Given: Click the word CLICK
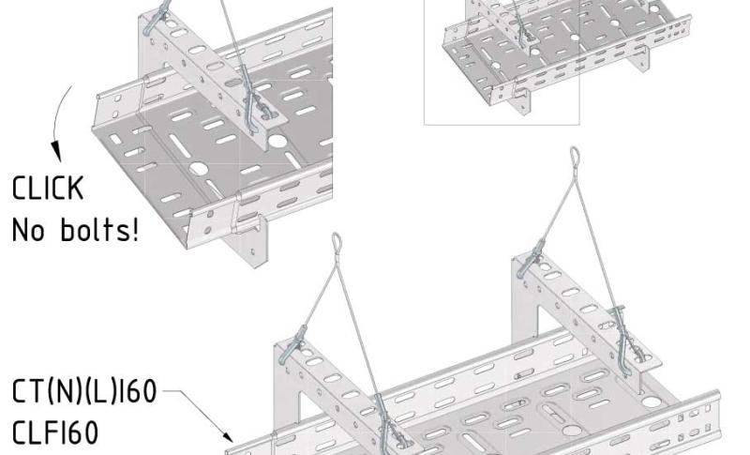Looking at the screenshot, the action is (x=48, y=188).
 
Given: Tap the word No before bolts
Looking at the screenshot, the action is (x=28, y=230).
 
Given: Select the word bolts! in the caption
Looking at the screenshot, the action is (x=100, y=229).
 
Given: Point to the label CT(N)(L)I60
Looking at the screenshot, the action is (x=84, y=391).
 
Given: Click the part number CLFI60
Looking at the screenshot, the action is (x=55, y=432).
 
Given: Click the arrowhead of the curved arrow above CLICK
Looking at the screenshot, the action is (x=57, y=151).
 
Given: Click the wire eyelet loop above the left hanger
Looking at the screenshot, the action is (x=337, y=242).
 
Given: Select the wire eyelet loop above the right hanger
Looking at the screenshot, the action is (x=575, y=157).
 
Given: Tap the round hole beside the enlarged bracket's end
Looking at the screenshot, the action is (x=277, y=141).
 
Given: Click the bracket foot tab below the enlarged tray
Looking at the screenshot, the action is (x=249, y=242).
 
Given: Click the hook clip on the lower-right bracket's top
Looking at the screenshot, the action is (x=531, y=260).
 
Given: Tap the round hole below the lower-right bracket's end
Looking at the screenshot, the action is (x=651, y=402).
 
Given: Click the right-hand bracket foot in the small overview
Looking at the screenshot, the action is (x=640, y=59).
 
